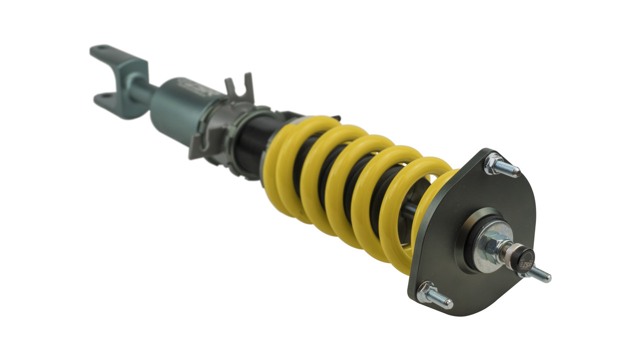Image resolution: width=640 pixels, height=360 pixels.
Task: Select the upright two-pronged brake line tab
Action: coord(239,90)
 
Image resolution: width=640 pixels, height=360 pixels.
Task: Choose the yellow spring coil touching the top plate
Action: coord(435,210)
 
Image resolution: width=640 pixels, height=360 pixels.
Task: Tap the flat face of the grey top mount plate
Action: coord(450,270)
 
